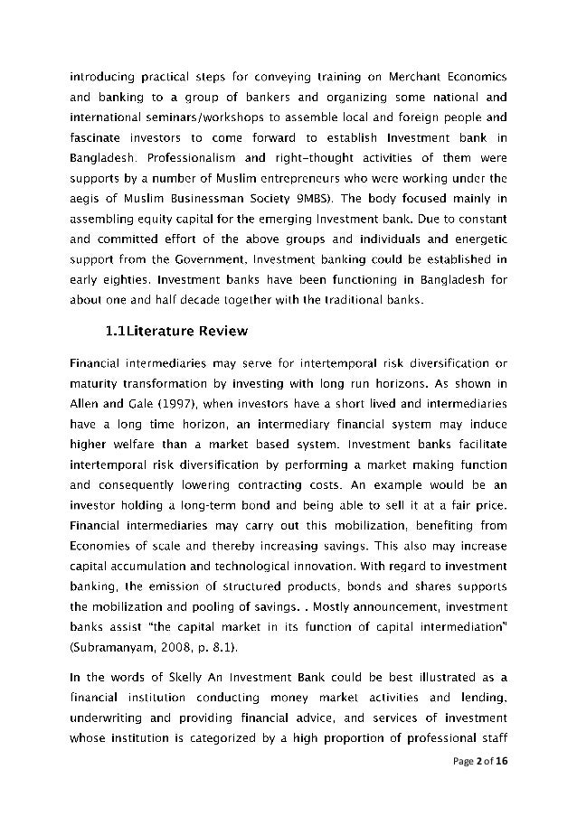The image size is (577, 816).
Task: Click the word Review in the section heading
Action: pos(217,332)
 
